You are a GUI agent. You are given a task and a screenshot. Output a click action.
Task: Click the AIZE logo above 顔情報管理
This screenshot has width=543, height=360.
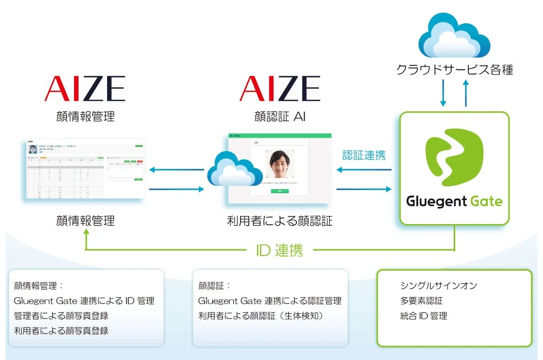pyautogui.click(x=85, y=89)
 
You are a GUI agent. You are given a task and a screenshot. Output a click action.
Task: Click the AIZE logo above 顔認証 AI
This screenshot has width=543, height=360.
pyautogui.click(x=280, y=89)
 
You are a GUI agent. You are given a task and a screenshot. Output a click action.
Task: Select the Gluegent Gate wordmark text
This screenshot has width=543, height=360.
pyautogui.click(x=454, y=201)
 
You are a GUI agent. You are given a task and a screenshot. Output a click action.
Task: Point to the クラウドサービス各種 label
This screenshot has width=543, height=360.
pyautogui.click(x=454, y=69)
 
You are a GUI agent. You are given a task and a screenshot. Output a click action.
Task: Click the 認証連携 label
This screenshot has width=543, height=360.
pyautogui.click(x=364, y=155)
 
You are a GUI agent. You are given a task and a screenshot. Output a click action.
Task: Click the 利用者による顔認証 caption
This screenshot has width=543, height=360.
pyautogui.click(x=280, y=221)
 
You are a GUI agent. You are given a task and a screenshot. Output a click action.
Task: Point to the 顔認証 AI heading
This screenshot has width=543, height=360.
pyautogui.click(x=280, y=117)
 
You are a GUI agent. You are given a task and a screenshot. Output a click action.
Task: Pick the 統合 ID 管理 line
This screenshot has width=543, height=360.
pyautogui.click(x=423, y=316)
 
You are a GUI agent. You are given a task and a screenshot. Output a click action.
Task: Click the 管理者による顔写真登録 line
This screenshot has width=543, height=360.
pyautogui.click(x=61, y=316)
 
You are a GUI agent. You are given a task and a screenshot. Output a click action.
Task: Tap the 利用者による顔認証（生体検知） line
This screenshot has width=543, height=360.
pyautogui.click(x=261, y=316)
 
